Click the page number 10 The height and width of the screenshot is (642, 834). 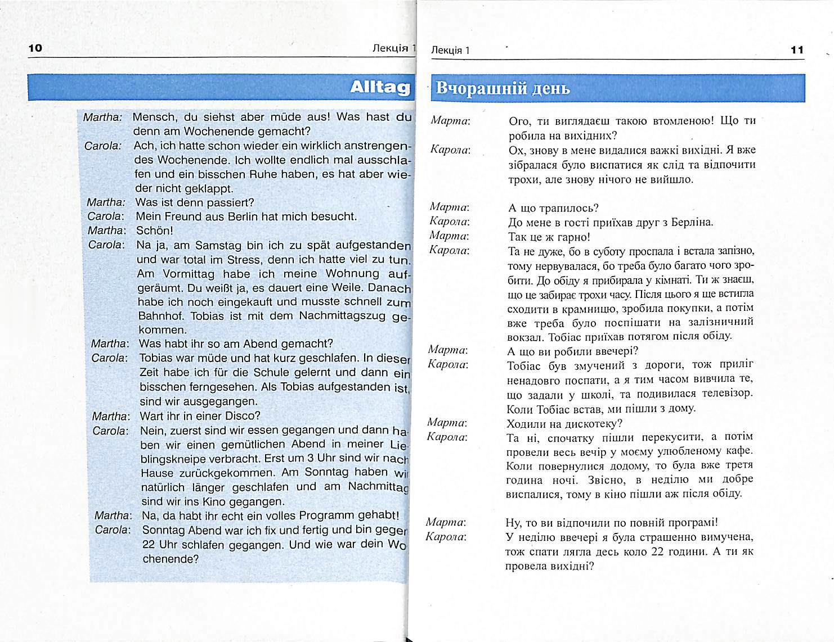[35, 48]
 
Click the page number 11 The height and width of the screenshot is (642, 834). [797, 50]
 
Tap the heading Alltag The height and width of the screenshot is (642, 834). [379, 87]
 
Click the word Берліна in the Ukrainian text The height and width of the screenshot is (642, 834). [694, 222]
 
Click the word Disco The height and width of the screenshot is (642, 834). [243, 416]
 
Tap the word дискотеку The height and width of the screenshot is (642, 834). [595, 423]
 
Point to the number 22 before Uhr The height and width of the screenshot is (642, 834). [149, 545]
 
